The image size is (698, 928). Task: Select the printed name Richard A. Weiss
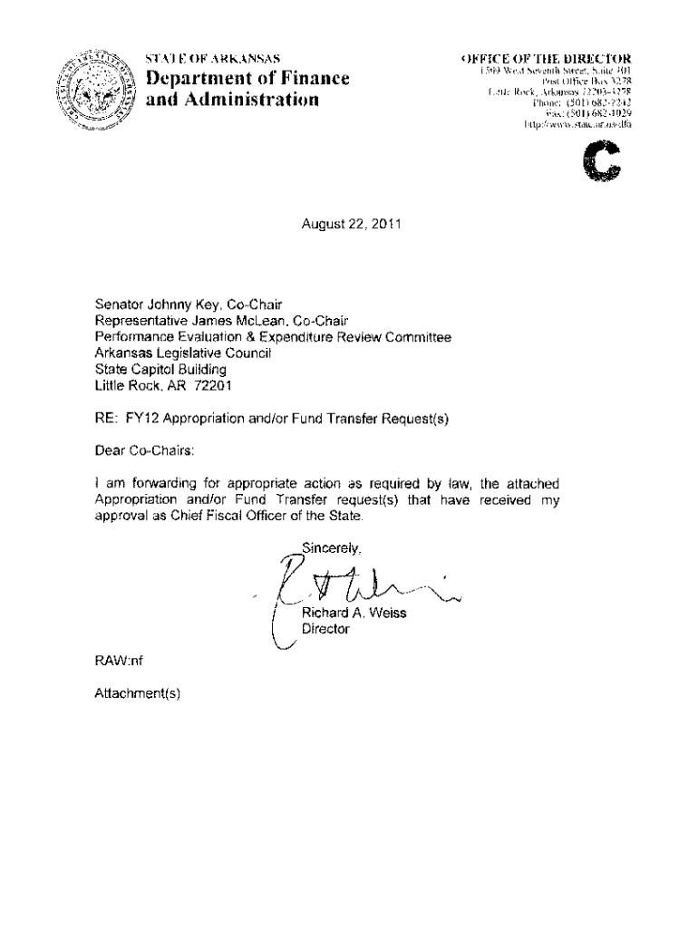point(354,614)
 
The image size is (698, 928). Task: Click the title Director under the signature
point(325,629)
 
